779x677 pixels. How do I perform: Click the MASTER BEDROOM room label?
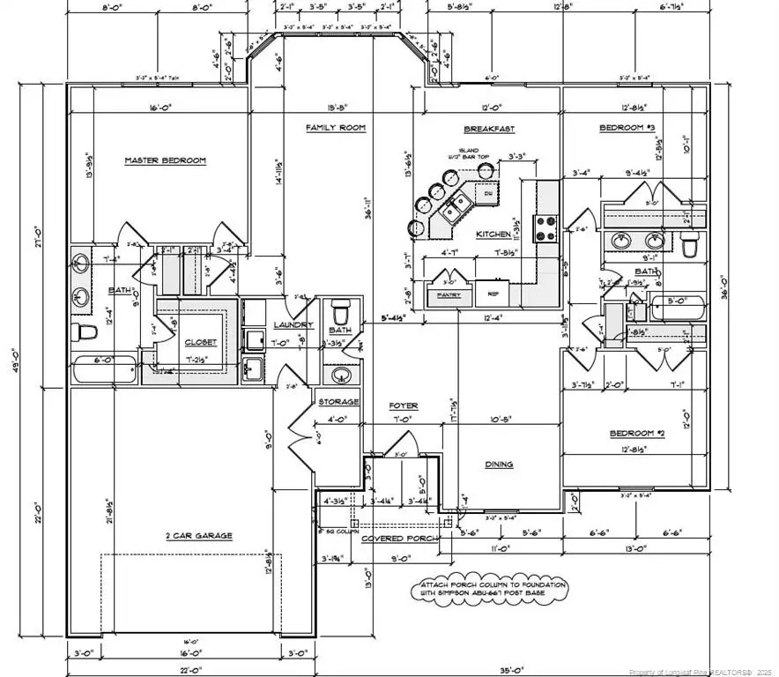click(x=165, y=160)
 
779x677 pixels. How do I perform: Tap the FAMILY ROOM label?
click(x=335, y=128)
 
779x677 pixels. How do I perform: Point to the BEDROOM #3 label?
click(x=627, y=128)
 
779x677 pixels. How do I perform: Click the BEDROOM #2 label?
click(x=636, y=434)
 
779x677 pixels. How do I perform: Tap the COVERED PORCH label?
click(x=395, y=538)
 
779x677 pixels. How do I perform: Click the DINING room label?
click(x=500, y=465)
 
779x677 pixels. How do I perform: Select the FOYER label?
click(x=404, y=405)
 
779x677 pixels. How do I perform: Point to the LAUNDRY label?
click(x=288, y=324)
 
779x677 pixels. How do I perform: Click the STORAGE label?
click(x=338, y=402)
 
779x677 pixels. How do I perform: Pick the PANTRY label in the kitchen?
click(x=449, y=294)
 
